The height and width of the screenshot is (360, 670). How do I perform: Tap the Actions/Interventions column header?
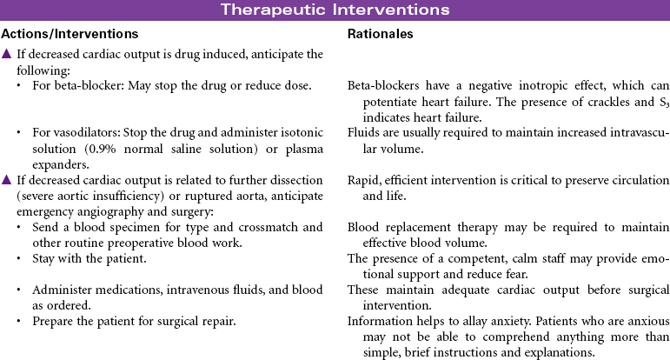click(x=70, y=35)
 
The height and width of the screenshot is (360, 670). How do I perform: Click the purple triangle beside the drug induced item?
click(x=7, y=55)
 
